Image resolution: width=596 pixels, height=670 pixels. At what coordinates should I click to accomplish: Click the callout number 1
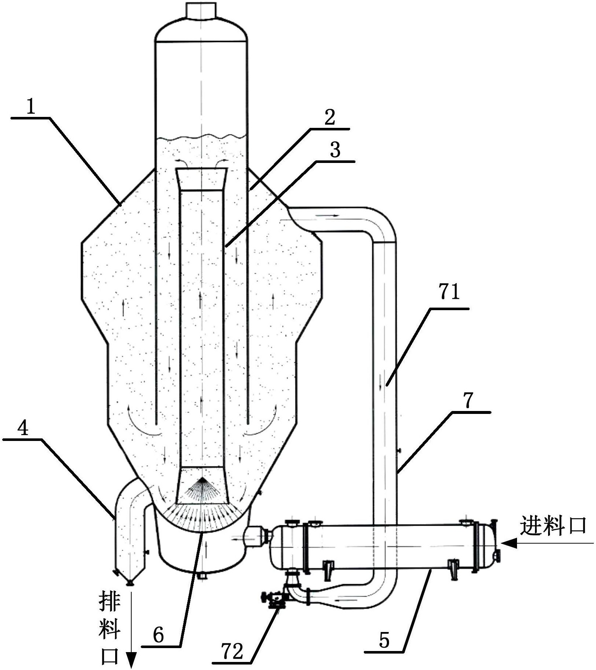[31, 107]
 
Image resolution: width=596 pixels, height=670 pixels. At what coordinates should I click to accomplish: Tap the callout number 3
[335, 150]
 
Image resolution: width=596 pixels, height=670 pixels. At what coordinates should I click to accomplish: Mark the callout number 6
[158, 636]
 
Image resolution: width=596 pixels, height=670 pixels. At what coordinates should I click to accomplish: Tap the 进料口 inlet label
[553, 526]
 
